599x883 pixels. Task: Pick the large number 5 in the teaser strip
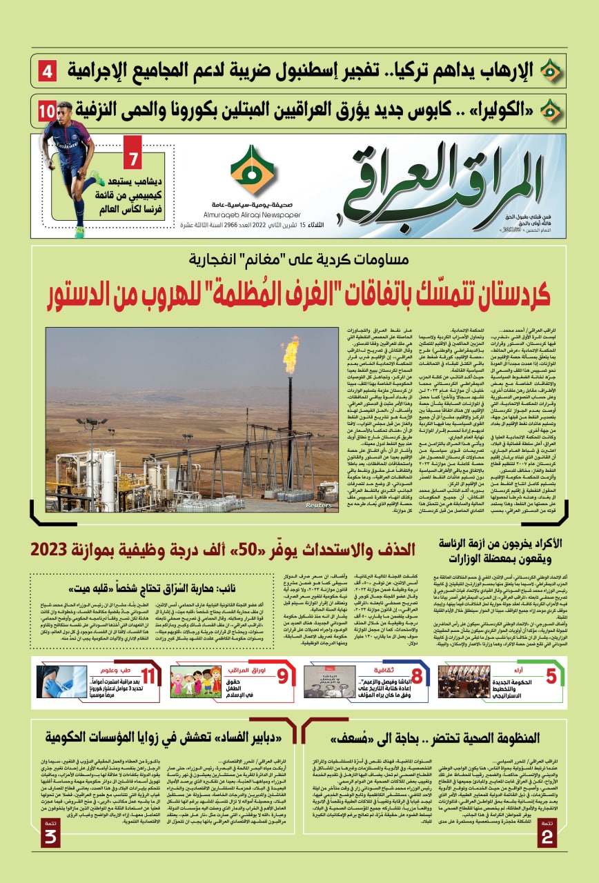coord(550,676)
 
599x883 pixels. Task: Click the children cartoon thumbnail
coord(195,682)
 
